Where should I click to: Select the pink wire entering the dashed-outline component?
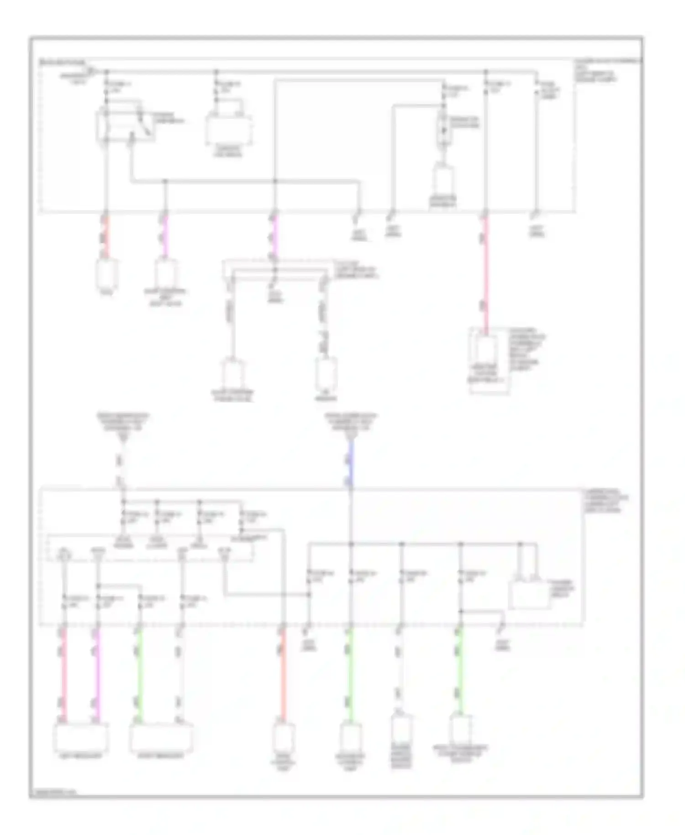coord(485,274)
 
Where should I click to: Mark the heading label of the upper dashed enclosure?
coord(63,61)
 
